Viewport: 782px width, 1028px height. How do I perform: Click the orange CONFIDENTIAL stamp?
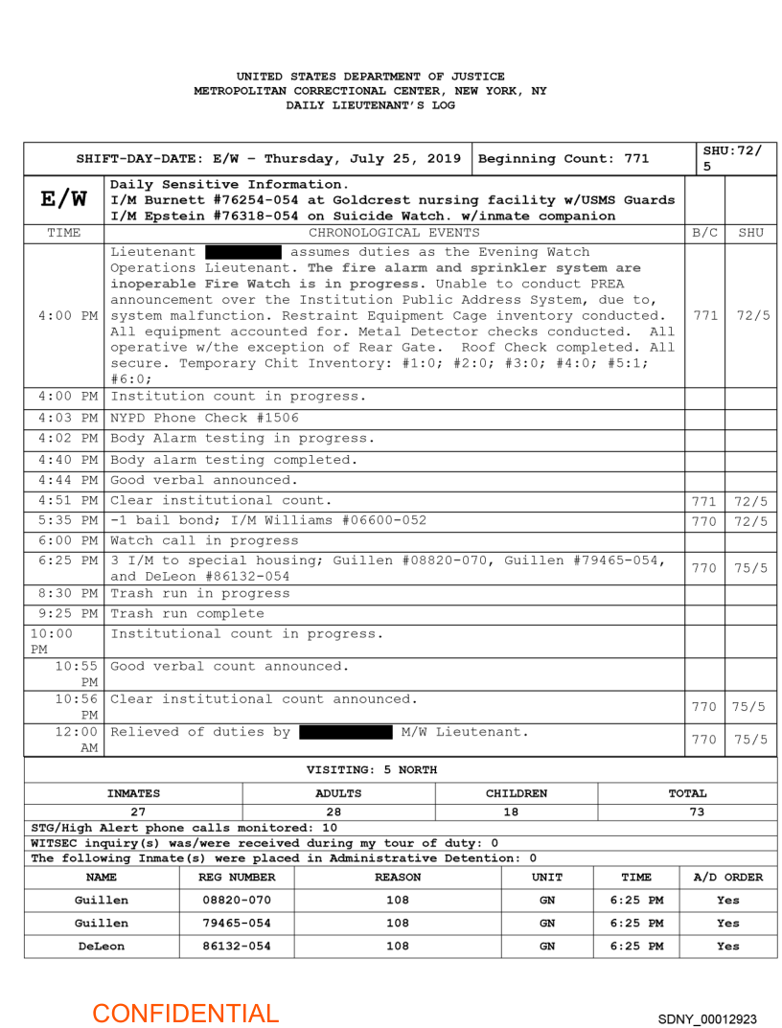(x=185, y=1013)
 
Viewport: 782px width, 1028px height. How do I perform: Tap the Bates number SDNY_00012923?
(x=707, y=1018)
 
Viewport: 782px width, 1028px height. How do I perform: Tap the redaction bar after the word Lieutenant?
(x=243, y=252)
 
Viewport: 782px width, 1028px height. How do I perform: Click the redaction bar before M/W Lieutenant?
(x=346, y=733)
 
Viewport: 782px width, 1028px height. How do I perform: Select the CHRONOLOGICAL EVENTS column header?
(x=394, y=232)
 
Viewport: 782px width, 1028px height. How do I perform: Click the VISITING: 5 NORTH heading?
(x=372, y=769)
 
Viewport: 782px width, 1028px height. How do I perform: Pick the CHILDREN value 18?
(x=517, y=811)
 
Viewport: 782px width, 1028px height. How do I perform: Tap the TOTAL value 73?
(x=697, y=811)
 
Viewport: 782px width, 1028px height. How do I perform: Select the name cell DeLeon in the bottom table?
(x=102, y=946)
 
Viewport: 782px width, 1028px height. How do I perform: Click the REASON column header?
(x=398, y=877)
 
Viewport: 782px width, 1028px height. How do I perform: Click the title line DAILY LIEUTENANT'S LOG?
(x=370, y=105)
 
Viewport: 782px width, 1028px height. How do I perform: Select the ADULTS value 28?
(x=338, y=811)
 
